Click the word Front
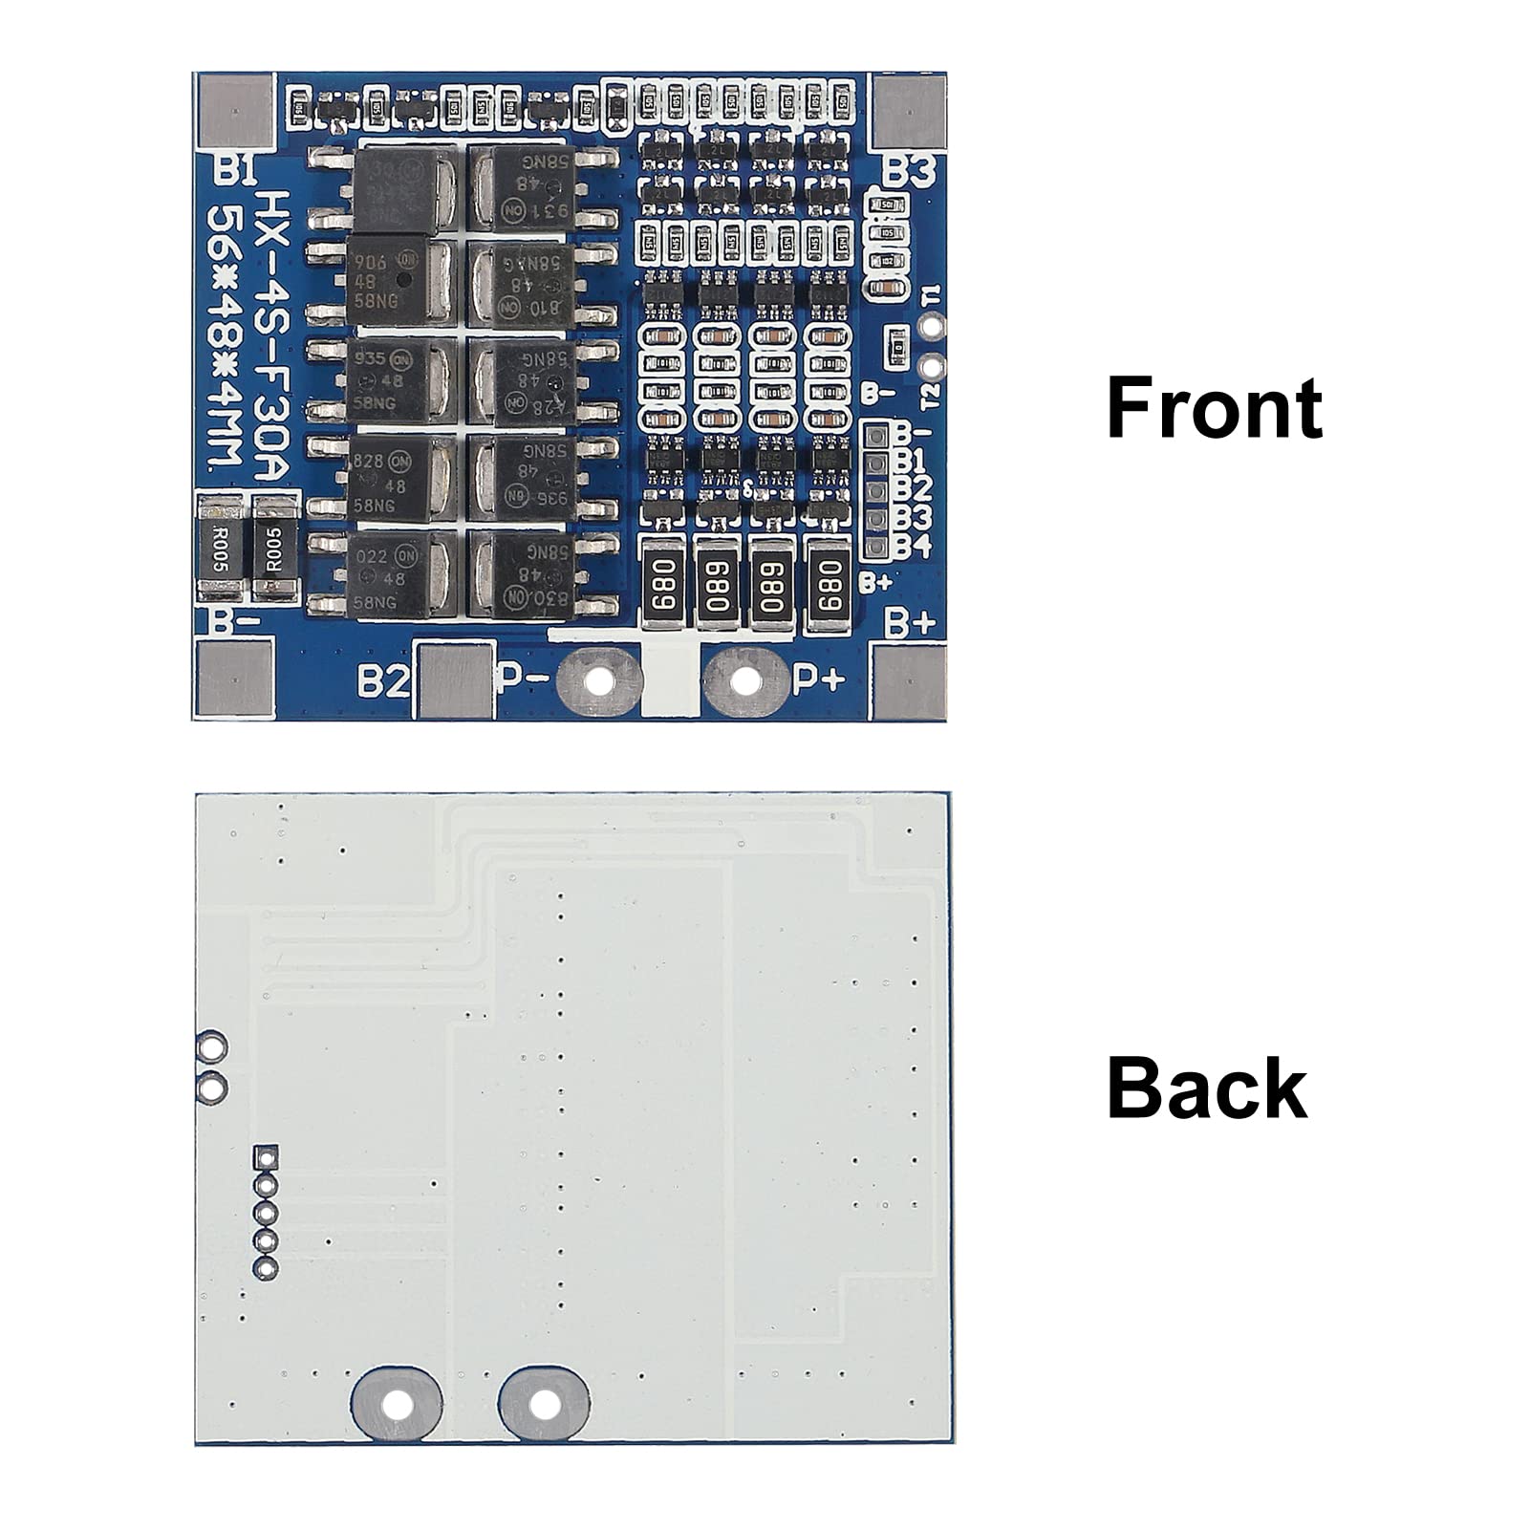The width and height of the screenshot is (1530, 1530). pyautogui.click(x=1214, y=408)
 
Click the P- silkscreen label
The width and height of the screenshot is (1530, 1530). pyautogui.click(x=523, y=680)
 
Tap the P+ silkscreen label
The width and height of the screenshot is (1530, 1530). pyautogui.click(x=820, y=679)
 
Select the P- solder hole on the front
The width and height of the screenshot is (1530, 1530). pyautogui.click(x=599, y=681)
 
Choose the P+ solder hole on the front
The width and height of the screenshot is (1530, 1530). pyautogui.click(x=745, y=681)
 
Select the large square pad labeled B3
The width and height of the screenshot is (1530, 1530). pyautogui.click(x=908, y=111)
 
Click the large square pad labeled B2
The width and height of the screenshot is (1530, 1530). pyautogui.click(x=456, y=680)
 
